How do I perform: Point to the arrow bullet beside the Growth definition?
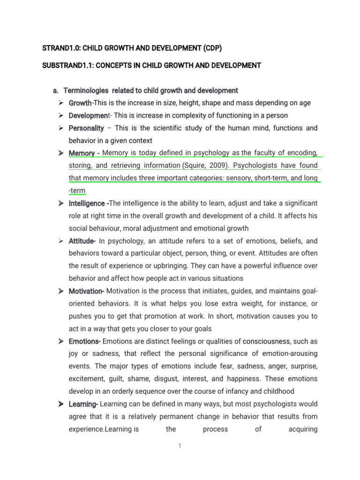61,103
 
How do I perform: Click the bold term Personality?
86,128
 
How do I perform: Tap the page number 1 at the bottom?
180,446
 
